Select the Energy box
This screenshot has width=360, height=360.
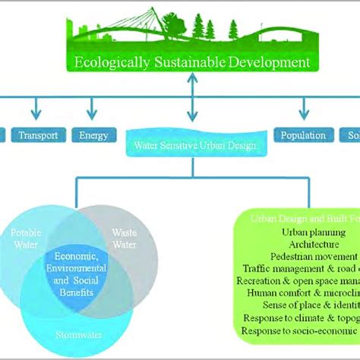point(94,136)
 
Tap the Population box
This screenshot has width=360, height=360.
point(303,136)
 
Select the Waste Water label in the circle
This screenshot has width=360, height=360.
point(125,237)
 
